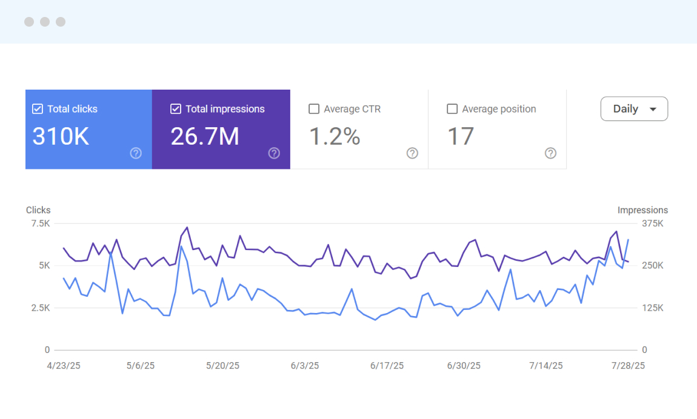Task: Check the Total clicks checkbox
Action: point(38,109)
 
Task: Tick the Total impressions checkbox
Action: point(176,109)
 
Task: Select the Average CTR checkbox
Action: point(314,109)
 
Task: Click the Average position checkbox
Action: point(452,109)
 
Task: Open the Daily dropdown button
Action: point(634,109)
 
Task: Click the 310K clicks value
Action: point(61,137)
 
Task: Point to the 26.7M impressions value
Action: point(205,137)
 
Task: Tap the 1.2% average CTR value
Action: point(335,137)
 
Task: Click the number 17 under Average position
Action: point(460,137)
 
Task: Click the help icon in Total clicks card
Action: point(136,153)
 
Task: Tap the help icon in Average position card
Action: point(550,153)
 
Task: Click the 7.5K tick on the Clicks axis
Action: point(40,223)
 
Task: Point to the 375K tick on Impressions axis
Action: point(653,223)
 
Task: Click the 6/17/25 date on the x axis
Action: point(387,366)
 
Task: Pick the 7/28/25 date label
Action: point(628,366)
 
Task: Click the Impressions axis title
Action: point(642,210)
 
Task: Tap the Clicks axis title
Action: point(38,210)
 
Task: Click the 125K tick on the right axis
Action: point(653,308)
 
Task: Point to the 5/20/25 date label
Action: point(223,366)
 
